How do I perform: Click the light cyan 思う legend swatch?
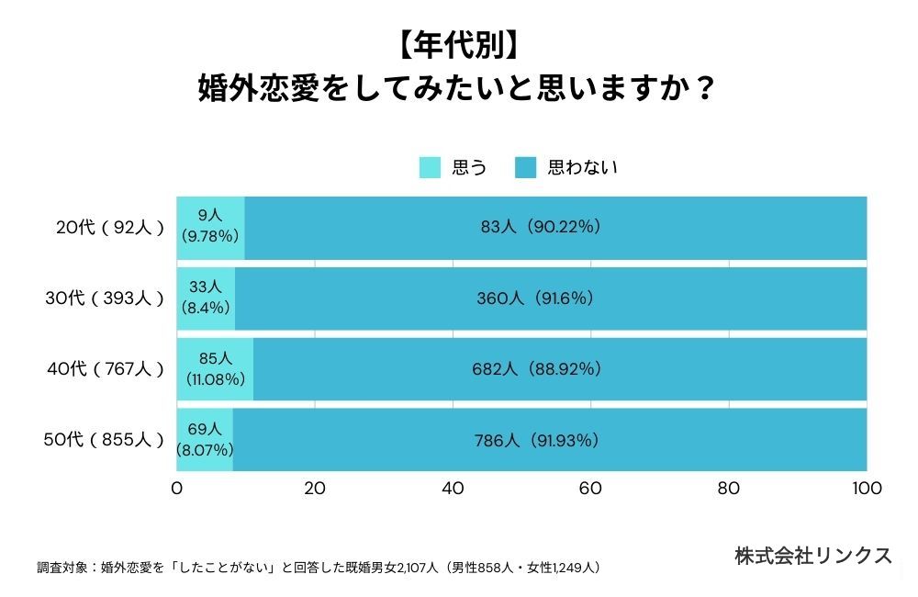(x=430, y=167)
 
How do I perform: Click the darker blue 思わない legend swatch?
(x=526, y=167)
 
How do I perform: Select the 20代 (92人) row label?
(x=110, y=227)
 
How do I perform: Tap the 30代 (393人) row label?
(x=105, y=298)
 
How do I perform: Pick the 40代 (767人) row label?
(x=106, y=369)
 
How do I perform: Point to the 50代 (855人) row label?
(x=104, y=439)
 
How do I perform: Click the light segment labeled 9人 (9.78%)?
(x=211, y=228)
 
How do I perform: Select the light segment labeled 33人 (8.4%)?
(x=206, y=298)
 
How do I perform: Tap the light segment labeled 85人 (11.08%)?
(x=215, y=369)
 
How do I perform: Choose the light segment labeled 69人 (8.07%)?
(x=205, y=440)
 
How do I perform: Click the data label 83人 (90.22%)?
(x=541, y=227)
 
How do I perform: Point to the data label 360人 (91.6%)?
(x=535, y=298)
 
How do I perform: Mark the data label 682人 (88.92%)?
(x=537, y=369)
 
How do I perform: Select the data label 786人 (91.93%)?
(x=537, y=440)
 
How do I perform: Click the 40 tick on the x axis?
(x=453, y=488)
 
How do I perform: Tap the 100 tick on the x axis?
(x=868, y=488)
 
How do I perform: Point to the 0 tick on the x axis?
(x=177, y=488)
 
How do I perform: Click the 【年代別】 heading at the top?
(x=458, y=45)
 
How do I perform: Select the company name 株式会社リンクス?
(x=813, y=556)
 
